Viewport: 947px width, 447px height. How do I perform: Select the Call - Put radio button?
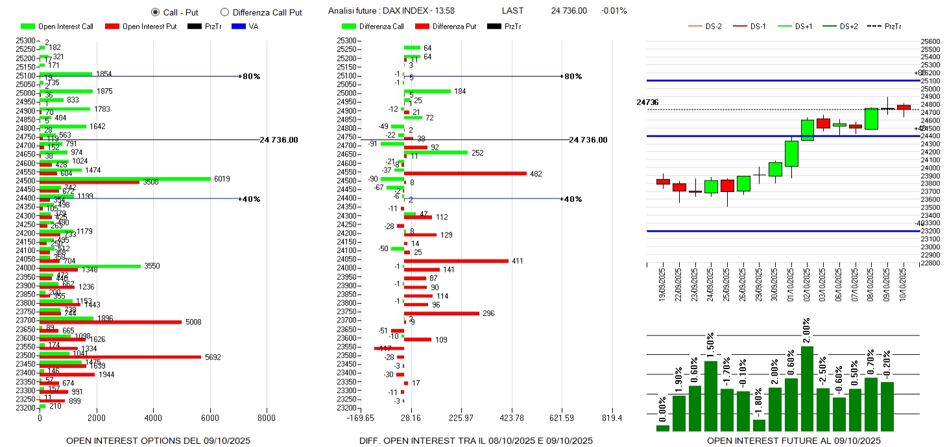[x=155, y=12]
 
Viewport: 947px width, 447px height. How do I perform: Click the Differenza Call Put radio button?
[x=224, y=12]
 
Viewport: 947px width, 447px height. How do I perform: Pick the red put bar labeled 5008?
[x=111, y=322]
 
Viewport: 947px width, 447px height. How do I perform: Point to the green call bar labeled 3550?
[x=90, y=265]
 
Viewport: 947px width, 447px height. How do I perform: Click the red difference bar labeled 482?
[x=465, y=173]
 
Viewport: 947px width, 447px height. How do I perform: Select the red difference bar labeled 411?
[x=456, y=261]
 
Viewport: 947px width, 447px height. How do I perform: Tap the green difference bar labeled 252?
[x=435, y=152]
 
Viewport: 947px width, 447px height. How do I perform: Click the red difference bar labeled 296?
[x=442, y=313]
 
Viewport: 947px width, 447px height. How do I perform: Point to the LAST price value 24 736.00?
[x=569, y=11]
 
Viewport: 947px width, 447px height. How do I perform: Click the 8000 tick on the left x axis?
[x=267, y=418]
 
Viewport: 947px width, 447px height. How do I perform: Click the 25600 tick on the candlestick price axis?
[x=931, y=41]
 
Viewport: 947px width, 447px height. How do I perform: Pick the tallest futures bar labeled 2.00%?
[x=807, y=389]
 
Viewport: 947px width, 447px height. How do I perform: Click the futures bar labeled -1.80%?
[x=759, y=425]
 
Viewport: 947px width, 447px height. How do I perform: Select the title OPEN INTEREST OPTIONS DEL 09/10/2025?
[x=158, y=441]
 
